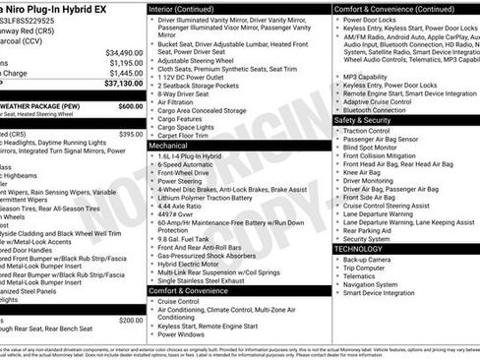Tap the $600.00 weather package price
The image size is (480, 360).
(130, 105)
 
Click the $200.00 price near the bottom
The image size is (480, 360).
(130, 321)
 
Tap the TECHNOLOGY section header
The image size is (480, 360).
(358, 249)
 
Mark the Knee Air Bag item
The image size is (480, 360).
(363, 172)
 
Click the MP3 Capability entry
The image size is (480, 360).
(366, 76)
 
